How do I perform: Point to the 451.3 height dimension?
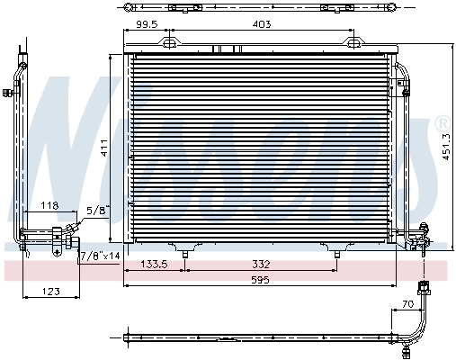[x=445, y=142]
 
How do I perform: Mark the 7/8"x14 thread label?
[x=100, y=256]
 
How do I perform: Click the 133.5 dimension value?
[x=157, y=264]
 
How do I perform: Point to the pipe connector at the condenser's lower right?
[x=417, y=238]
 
